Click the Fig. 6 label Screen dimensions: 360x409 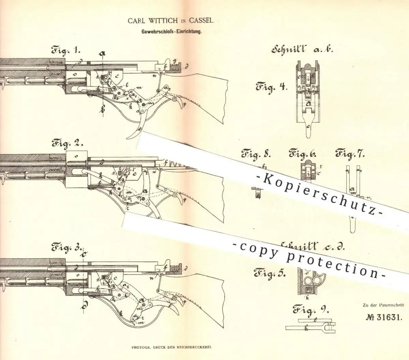pyautogui.click(x=303, y=154)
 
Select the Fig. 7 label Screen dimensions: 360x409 pyautogui.click(x=350, y=154)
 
